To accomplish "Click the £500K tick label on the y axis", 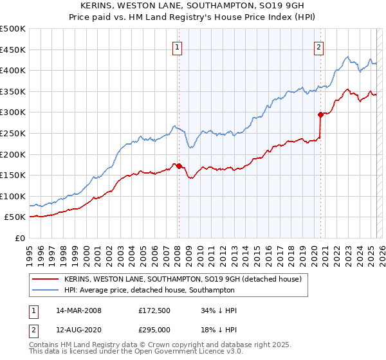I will tap(13, 29).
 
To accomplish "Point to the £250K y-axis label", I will tap(13, 133).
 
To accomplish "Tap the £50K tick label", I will tap(15, 217).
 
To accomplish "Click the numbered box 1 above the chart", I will tap(177, 46).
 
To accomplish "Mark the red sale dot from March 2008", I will tap(179, 166).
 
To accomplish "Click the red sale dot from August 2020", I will tap(320, 114).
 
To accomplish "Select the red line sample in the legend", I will tap(46, 280).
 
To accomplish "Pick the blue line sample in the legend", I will tap(46, 290).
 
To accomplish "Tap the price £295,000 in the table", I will tap(154, 329).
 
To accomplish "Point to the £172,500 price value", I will tap(154, 310).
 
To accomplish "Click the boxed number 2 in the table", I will tap(33, 329).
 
